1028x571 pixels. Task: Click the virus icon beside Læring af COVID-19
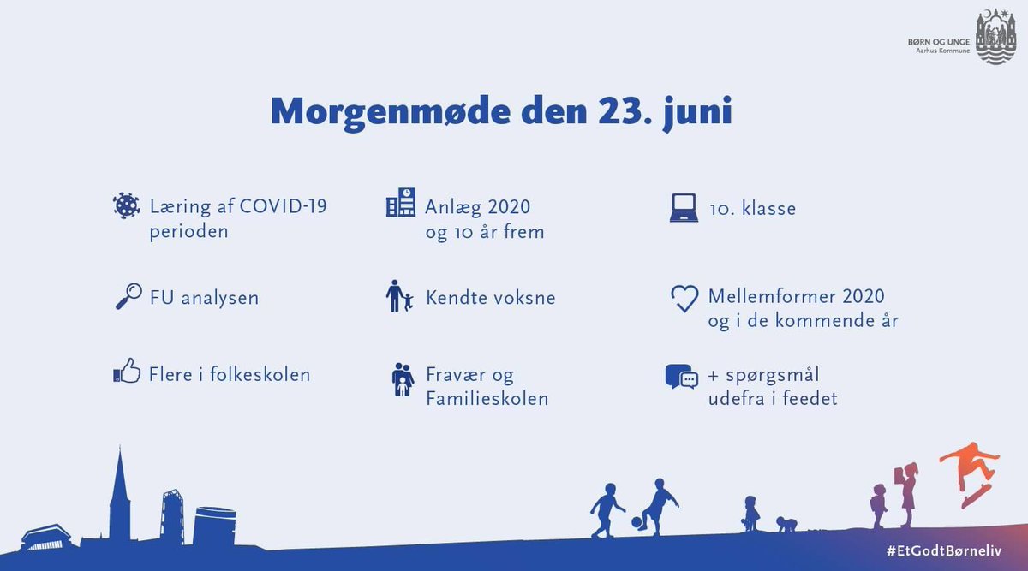127,206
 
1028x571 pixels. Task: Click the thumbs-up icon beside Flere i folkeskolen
127,373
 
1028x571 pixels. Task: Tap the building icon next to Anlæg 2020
400,203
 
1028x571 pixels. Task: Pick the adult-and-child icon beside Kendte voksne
399,297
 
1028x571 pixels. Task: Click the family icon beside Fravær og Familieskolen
402,379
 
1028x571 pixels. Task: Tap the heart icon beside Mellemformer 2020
684,298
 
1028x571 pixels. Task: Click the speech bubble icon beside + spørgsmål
682,378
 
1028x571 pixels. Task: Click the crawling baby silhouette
786,524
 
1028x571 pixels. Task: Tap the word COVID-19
283,206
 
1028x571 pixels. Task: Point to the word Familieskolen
487,398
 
